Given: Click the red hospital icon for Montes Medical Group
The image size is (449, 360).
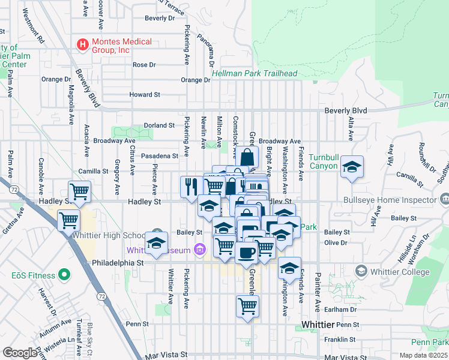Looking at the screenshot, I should click(82, 44).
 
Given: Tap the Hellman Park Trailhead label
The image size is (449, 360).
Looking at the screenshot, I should click(255, 73).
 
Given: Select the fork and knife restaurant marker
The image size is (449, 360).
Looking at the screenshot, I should click(190, 185).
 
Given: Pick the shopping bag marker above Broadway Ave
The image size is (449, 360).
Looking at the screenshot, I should click(246, 158).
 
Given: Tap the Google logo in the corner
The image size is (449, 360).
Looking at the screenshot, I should click(20, 353).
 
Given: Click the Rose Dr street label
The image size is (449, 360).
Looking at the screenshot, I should click(144, 65).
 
